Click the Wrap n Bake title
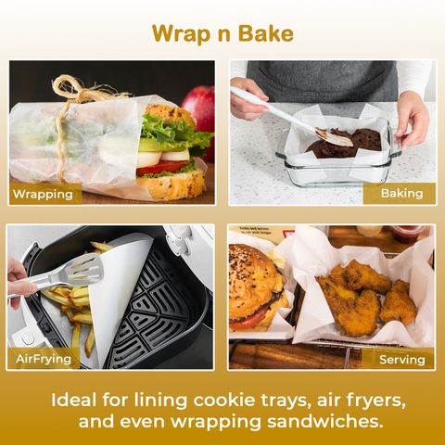click(222, 33)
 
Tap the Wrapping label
click(43, 194)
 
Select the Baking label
click(401, 193)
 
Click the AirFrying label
click(44, 359)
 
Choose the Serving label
click(402, 360)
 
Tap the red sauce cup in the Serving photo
click(410, 234)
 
